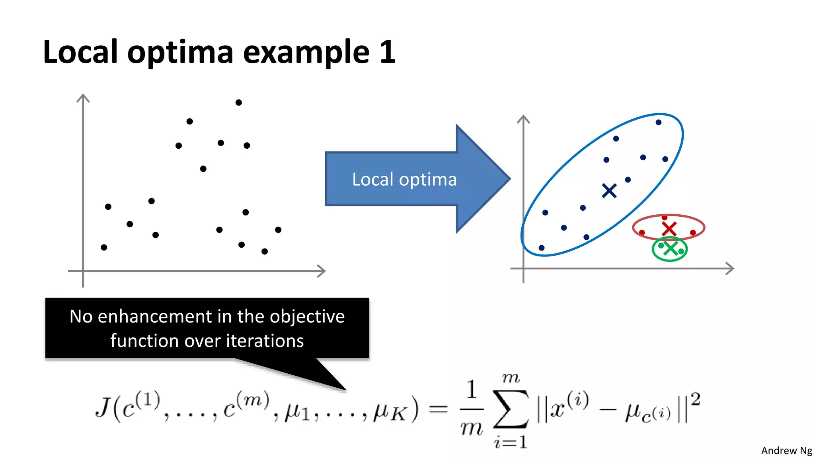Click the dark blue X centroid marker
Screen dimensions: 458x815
coord(609,191)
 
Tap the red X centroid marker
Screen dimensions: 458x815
coord(669,229)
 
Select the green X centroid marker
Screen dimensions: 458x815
coord(671,249)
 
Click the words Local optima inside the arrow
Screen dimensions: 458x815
coord(404,179)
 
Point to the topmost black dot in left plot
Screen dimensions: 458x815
coord(238,103)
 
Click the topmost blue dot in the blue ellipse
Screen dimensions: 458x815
coord(658,122)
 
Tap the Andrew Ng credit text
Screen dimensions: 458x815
coord(786,450)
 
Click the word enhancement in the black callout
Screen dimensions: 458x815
coord(154,316)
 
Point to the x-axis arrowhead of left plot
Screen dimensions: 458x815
coord(323,271)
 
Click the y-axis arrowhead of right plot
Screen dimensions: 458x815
coord(523,118)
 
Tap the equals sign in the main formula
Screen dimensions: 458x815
coord(439,409)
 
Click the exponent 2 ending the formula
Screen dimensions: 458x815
coord(695,398)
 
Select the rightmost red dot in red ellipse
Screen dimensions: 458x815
coord(693,233)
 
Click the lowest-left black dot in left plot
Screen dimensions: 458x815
coord(104,247)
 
